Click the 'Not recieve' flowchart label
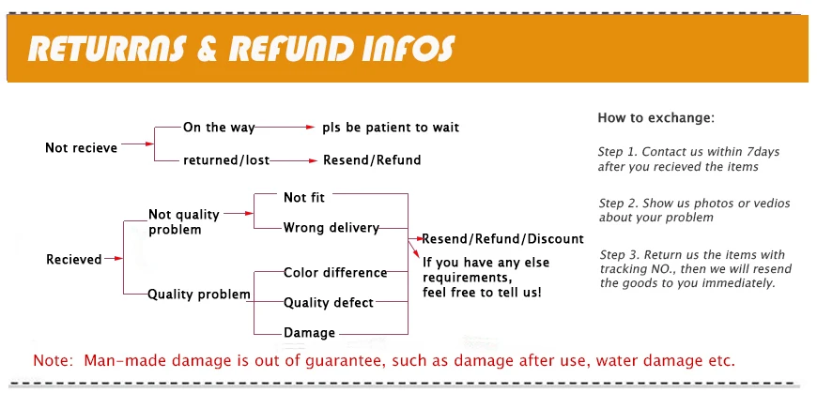click(82, 148)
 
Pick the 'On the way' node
click(218, 128)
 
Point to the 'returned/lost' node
click(226, 160)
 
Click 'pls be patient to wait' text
click(391, 128)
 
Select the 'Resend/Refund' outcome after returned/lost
click(372, 160)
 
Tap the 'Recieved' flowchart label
click(74, 259)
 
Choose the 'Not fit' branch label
click(304, 197)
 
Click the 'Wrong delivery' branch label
click(331, 228)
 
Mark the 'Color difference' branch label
click(335, 273)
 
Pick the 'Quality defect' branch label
click(329, 303)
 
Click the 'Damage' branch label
click(309, 333)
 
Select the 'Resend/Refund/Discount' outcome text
click(502, 239)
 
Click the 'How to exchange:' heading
click(655, 118)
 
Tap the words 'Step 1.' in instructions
click(618, 152)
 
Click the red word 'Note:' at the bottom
click(54, 361)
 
